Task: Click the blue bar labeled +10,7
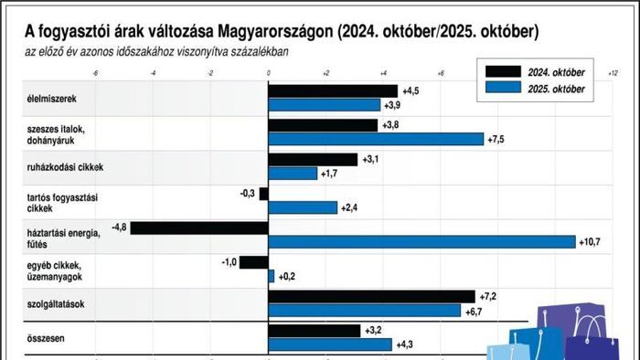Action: coord(421,242)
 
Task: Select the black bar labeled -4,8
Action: coord(199,227)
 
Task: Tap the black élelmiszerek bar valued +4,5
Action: coord(333,90)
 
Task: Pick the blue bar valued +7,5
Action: coord(376,139)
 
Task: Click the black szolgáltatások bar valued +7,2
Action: coord(371,296)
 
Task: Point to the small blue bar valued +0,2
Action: coord(271,276)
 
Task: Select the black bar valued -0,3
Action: coord(263,194)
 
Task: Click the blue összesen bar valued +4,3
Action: coord(329,344)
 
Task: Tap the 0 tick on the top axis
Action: coord(268,71)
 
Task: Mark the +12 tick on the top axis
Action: coord(612,71)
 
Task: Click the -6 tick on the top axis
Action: coord(96,71)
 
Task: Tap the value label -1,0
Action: coord(229,261)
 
